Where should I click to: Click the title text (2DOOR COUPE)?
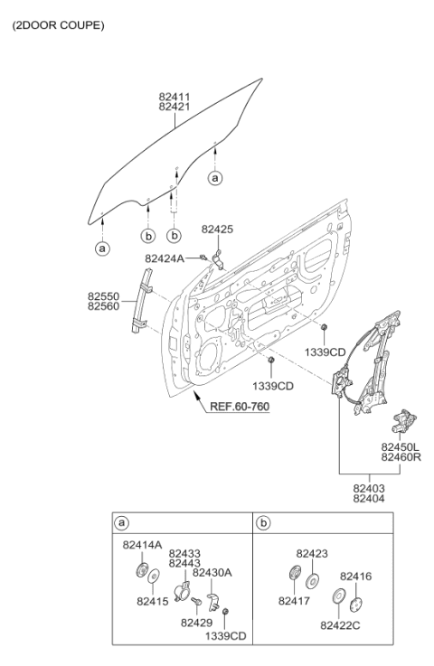pos(58,25)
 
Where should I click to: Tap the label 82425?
pos(218,230)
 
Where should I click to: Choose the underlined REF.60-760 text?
pos(240,406)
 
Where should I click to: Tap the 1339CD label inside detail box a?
pos(223,636)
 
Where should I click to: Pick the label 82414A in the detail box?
pos(142,545)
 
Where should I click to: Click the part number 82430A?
pos(211,573)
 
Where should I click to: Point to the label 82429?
pos(195,623)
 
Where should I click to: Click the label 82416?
pos(355,576)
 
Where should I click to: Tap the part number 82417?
pos(293,599)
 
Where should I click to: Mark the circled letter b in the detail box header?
pos(264,522)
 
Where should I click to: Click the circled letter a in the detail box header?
pos(122,522)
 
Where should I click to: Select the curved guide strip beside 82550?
pos(141,295)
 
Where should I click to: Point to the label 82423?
pos(312,552)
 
